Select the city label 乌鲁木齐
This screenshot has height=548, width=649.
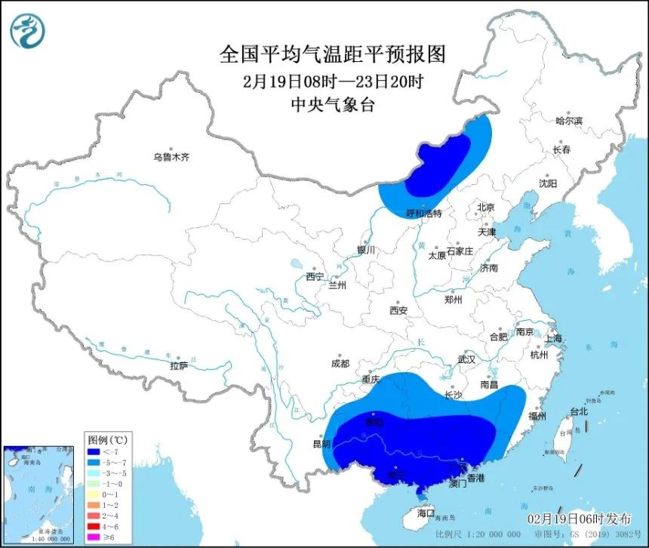(x=171, y=158)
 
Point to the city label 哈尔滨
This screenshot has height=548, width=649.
(x=569, y=122)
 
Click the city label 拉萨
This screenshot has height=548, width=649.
(x=178, y=366)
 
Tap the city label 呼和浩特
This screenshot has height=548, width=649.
(x=423, y=214)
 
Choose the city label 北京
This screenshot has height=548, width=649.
(x=485, y=208)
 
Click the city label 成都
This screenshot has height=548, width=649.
(x=340, y=364)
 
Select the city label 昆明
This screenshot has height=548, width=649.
(x=322, y=443)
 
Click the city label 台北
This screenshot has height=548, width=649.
(x=578, y=412)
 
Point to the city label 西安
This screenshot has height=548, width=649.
(x=398, y=310)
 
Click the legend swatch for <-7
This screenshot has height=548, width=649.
(x=93, y=452)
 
